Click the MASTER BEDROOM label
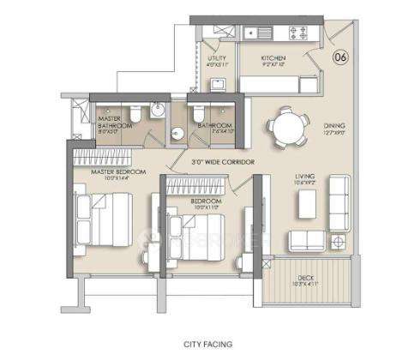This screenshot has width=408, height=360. point(118,173)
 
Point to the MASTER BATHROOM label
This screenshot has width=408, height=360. point(115,122)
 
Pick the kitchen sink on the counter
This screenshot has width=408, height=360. point(261,34)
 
